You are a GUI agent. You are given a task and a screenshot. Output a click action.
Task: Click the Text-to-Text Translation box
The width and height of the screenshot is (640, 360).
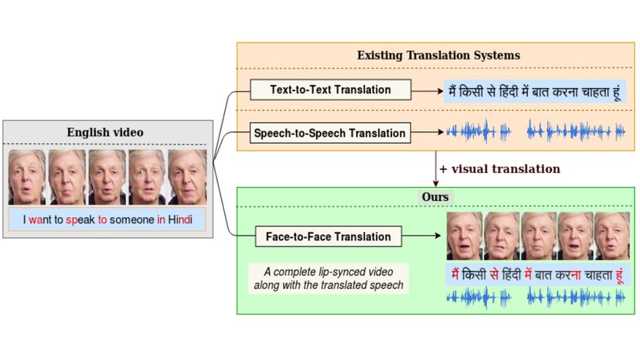(330, 90)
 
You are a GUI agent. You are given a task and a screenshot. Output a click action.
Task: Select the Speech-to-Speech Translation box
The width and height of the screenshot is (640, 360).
(330, 133)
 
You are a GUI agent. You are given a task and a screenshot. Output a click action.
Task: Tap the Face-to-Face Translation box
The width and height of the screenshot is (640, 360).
(329, 236)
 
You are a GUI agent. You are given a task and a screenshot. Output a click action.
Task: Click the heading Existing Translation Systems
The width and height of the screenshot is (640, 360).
(438, 56)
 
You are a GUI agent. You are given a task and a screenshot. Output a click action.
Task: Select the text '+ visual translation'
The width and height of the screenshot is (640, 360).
(499, 168)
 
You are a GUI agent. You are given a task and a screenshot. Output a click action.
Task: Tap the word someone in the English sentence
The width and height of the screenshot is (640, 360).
(131, 220)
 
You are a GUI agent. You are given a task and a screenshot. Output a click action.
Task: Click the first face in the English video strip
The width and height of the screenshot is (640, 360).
(27, 176)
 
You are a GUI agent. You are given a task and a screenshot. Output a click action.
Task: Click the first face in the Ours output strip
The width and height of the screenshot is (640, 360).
(465, 236)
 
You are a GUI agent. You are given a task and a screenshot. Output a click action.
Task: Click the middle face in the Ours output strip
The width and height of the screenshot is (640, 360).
(539, 236)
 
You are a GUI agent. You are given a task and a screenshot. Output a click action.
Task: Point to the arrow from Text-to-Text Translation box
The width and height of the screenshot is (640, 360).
(427, 90)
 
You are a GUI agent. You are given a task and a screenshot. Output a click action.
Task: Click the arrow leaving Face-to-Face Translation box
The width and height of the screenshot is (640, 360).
(424, 236)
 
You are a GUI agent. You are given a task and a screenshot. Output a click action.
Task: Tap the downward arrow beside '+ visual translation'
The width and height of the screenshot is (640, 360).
(435, 169)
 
